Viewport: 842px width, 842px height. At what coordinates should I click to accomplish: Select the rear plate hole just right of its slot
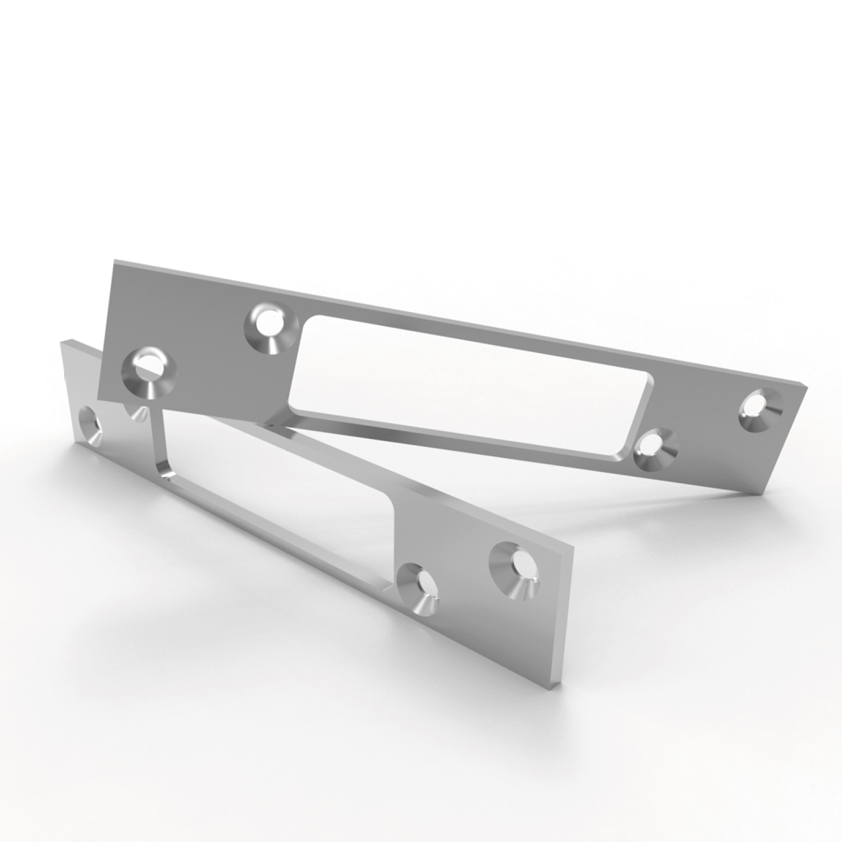click(x=656, y=450)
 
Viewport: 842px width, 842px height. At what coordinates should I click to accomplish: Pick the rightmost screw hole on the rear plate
click(x=762, y=410)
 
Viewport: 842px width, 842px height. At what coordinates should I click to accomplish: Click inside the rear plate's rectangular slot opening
click(x=472, y=370)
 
